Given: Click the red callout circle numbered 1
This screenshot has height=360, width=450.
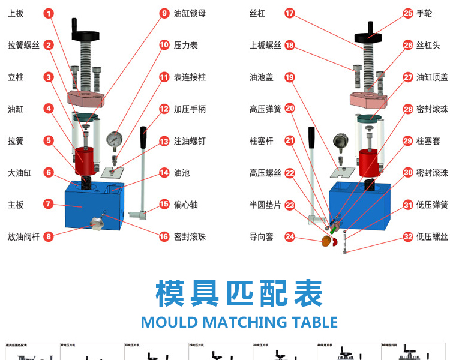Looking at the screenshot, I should [x=49, y=13].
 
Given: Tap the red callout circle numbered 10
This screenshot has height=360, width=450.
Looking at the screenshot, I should [x=164, y=45].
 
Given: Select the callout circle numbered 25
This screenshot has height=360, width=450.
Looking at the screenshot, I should [x=408, y=13].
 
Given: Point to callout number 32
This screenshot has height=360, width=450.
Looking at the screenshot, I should [x=408, y=237].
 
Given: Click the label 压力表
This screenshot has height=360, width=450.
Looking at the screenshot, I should [x=186, y=45].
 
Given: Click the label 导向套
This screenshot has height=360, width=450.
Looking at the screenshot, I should [x=262, y=237].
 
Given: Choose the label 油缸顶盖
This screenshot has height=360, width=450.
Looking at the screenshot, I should [x=433, y=77].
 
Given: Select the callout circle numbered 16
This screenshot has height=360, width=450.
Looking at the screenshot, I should [x=164, y=237].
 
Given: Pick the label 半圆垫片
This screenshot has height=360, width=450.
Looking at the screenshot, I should [x=265, y=205].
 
